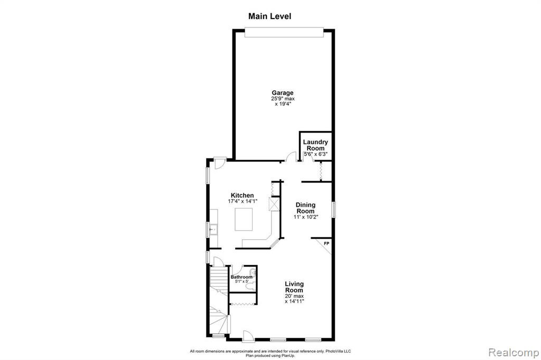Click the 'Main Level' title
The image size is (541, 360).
pyautogui.click(x=270, y=16)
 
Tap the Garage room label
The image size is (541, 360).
pyautogui.click(x=283, y=92)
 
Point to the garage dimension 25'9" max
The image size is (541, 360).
pyautogui.click(x=283, y=99)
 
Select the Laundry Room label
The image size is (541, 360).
pyautogui.click(x=315, y=145)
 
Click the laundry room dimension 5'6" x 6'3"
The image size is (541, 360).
pyautogui.click(x=315, y=154)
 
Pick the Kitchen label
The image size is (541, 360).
pyautogui.click(x=242, y=195)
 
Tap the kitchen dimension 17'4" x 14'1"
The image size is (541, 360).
pyautogui.click(x=242, y=201)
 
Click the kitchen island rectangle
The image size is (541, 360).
pyautogui.click(x=244, y=219)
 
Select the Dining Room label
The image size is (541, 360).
pyautogui.click(x=306, y=208)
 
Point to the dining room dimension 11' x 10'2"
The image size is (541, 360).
pyautogui.click(x=306, y=217)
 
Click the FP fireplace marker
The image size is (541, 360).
pyautogui.click(x=327, y=243)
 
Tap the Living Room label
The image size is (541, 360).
pyautogui.click(x=294, y=287)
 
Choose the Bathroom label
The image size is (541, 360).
pyautogui.click(x=241, y=277)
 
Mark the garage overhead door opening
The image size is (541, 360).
pyautogui.click(x=284, y=32)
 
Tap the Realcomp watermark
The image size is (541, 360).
pyautogui.click(x=514, y=353)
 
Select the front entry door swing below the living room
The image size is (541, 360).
pyautogui.click(x=248, y=336)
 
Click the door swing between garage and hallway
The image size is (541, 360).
pyautogui.click(x=292, y=157)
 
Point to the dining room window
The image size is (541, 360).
pyautogui.click(x=334, y=210)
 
